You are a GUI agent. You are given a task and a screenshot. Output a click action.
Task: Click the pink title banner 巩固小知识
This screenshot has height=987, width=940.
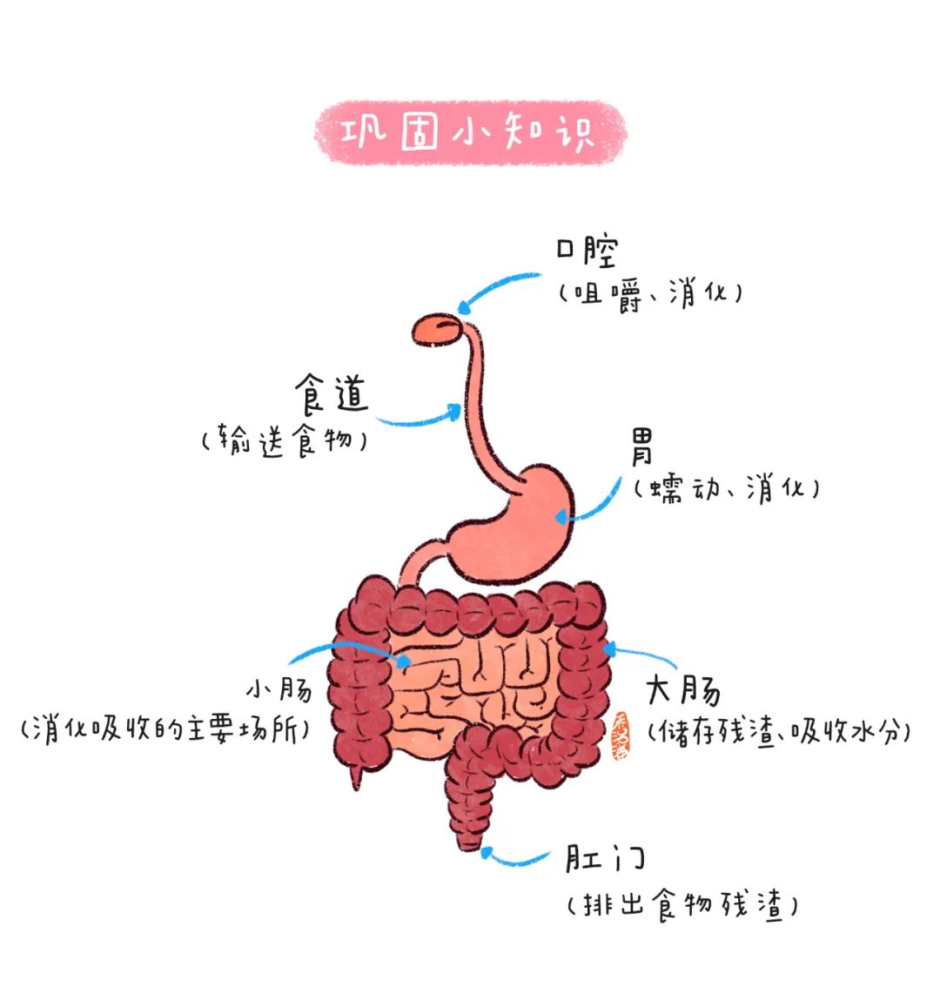(x=470, y=133)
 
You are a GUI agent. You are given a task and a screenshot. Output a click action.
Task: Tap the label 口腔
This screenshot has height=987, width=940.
(x=587, y=251)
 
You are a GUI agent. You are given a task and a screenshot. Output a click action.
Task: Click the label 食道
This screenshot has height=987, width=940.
(x=332, y=394)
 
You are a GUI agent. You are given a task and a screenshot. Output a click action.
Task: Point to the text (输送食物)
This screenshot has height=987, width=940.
(x=285, y=440)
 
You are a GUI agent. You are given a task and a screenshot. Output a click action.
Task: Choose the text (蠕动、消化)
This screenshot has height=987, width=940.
(x=727, y=489)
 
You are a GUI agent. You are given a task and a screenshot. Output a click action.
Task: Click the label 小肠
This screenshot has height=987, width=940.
(x=279, y=689)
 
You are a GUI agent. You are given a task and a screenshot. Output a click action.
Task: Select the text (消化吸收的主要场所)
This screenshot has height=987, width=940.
(x=165, y=729)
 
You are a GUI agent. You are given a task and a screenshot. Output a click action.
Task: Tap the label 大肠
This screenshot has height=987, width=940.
(x=683, y=690)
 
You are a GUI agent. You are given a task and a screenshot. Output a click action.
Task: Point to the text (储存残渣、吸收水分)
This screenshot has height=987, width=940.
(x=780, y=732)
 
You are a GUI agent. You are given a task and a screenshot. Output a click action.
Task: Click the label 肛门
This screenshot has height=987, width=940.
(x=605, y=858)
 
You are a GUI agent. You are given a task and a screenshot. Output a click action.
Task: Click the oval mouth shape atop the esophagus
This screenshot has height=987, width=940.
(x=439, y=330)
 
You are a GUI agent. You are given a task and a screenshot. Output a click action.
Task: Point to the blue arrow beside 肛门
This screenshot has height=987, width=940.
(x=514, y=860)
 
